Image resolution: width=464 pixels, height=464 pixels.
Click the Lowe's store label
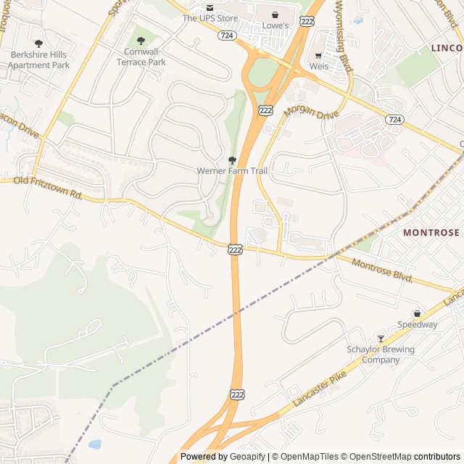275,25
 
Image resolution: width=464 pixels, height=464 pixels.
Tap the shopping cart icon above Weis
318,55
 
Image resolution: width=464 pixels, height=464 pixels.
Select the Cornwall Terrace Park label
141,57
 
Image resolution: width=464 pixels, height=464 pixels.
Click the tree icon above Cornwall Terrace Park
141,41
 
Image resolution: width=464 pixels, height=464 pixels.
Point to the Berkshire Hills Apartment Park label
38,59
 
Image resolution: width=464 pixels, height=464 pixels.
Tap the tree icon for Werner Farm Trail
232,159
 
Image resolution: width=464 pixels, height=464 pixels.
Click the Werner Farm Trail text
232,171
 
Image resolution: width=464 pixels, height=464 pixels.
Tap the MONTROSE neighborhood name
431,233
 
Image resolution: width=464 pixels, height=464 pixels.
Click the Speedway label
417,325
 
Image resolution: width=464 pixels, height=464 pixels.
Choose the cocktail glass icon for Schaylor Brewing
381,339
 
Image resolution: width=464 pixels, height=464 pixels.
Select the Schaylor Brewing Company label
381,355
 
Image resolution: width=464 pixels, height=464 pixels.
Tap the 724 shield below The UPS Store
227,35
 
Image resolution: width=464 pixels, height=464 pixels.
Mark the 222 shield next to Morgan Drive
266,109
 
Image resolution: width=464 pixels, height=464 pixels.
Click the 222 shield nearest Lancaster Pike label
237,394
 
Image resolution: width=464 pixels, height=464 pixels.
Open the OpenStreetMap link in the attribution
376,457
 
